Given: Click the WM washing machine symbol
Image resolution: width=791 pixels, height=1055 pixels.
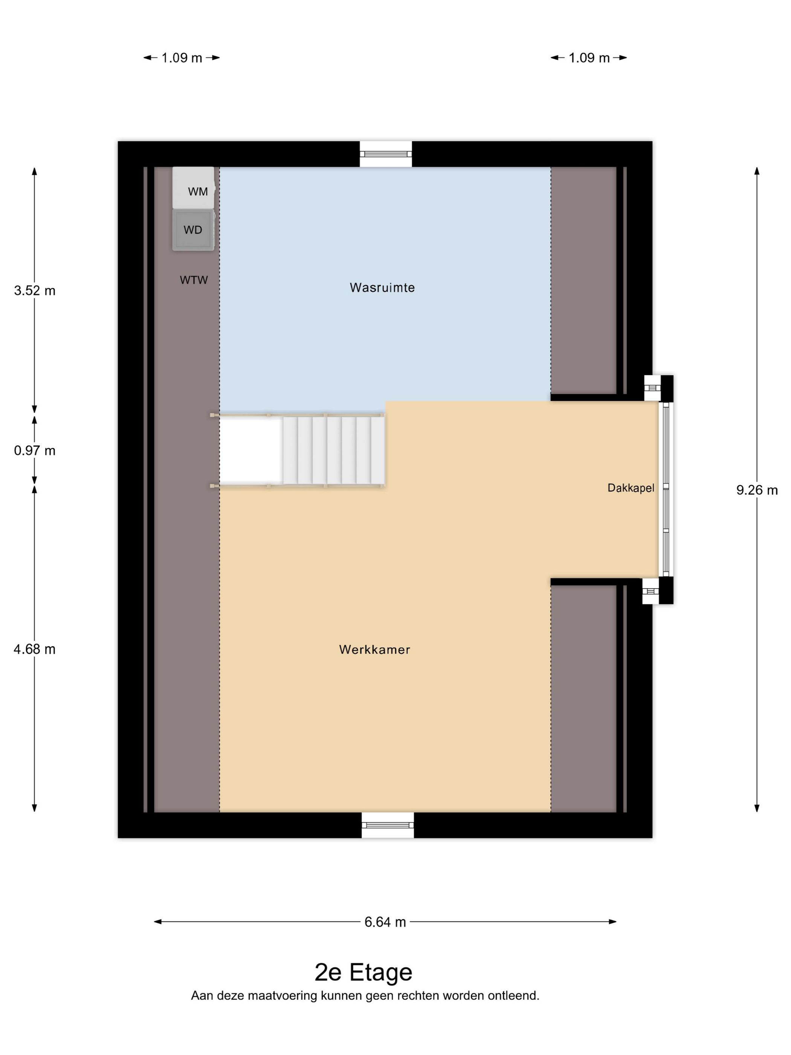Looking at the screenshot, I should [193, 188].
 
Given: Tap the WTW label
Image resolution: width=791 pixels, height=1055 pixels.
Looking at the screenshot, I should [194, 280].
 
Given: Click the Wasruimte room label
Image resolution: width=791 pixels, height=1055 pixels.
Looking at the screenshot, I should [382, 287].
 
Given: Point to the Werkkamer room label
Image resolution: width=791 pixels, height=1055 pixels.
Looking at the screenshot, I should [374, 650].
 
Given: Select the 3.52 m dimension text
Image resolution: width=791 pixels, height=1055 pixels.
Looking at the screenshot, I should [34, 291].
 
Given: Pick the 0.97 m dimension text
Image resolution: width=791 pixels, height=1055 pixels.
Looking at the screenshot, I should [34, 451].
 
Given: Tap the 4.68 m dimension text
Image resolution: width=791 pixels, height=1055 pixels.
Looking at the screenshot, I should [34, 649].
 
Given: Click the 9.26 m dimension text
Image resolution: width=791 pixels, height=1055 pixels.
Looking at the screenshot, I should [757, 490].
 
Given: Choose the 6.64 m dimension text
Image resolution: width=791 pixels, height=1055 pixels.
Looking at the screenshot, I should [385, 922].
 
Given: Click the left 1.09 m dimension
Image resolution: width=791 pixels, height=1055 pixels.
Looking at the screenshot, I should [181, 58].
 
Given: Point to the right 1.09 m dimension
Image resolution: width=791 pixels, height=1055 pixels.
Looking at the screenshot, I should [589, 58].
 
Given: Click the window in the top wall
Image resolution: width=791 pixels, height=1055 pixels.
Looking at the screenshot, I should [386, 154].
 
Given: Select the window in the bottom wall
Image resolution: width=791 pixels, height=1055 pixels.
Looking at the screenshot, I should [388, 825].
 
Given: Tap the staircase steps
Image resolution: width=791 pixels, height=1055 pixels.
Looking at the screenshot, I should [333, 450].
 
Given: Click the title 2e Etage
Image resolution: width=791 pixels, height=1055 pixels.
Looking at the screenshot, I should [363, 972].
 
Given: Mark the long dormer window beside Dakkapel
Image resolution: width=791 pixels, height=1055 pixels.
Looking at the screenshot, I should [666, 489].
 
